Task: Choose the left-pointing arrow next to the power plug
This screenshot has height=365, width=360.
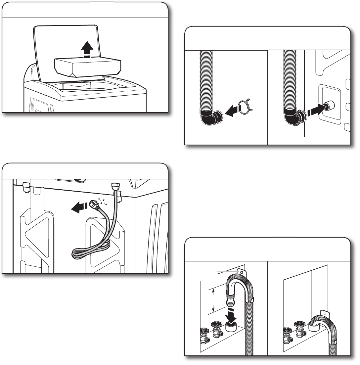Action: [78, 208]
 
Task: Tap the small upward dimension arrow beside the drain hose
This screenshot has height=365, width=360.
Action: [213, 291]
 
